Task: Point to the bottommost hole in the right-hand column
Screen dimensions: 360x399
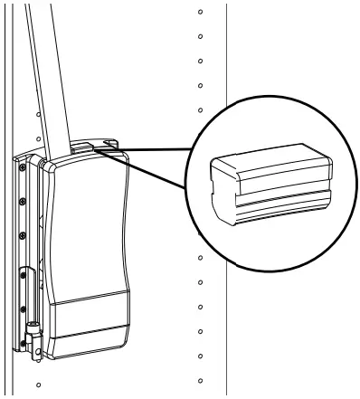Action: [200, 375]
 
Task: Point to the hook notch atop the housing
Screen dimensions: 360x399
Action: [111, 143]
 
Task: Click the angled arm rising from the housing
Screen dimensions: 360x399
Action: [52, 81]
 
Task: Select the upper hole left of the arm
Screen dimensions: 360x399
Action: [38, 115]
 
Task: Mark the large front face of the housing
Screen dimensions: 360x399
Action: [90, 226]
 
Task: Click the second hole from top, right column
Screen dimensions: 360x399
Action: [199, 39]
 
